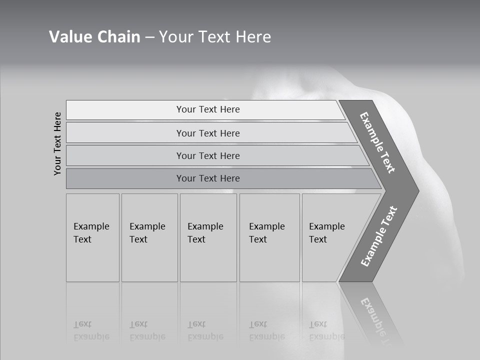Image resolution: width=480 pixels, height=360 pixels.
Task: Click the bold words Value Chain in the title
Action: pos(94,37)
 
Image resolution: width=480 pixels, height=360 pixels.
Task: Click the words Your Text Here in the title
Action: pos(215,37)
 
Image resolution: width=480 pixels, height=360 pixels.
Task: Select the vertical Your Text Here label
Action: pos(57,143)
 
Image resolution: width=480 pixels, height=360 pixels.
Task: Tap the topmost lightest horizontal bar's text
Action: pos(208,109)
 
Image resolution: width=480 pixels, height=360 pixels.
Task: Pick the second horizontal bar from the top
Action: pos(208,133)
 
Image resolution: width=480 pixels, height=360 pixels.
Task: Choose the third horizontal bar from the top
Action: pos(208,155)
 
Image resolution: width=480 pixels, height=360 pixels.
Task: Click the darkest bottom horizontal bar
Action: pos(208,178)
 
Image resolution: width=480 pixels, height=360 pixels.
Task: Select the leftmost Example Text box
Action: pos(92,237)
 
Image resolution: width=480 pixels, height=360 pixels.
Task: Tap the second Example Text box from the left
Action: pos(149,237)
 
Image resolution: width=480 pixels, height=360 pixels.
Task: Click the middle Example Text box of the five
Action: pos(207,237)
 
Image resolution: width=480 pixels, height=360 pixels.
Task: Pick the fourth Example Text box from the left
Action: pos(269,237)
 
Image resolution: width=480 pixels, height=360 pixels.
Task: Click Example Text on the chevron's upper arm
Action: pos(377,142)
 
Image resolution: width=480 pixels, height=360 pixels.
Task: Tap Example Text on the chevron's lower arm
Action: pos(378,236)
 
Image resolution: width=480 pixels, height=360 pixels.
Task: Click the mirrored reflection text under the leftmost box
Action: pos(91,330)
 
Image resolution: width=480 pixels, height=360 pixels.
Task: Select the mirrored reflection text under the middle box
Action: pos(205,330)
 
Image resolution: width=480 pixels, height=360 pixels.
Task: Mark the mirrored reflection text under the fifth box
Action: pos(326,330)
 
